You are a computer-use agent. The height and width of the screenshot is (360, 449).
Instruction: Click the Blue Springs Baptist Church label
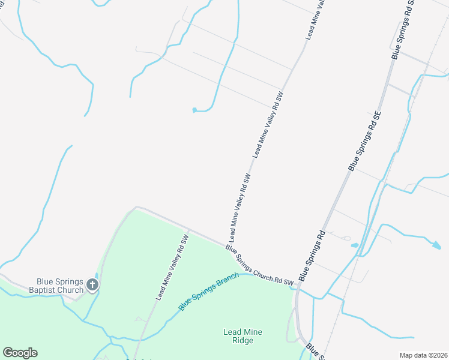click(x=60, y=286)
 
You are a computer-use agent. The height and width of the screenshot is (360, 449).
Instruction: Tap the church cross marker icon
click(x=92, y=284)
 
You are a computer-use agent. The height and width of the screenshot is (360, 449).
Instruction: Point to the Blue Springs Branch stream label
click(x=208, y=291)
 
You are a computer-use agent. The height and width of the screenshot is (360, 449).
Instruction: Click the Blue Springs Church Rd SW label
click(x=259, y=265)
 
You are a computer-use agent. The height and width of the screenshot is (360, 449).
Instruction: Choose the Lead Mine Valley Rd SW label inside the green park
click(x=172, y=268)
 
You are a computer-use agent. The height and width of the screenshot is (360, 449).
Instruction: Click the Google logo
click(x=20, y=353)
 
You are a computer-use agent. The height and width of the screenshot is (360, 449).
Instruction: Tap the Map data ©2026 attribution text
click(x=423, y=355)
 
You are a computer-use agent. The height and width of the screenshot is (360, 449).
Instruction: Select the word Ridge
click(x=243, y=341)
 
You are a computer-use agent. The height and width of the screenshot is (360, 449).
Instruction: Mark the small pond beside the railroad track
click(x=354, y=245)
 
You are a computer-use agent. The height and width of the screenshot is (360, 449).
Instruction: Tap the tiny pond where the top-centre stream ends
click(x=194, y=110)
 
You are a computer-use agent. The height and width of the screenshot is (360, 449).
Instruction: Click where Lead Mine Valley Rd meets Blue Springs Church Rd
click(x=229, y=247)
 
